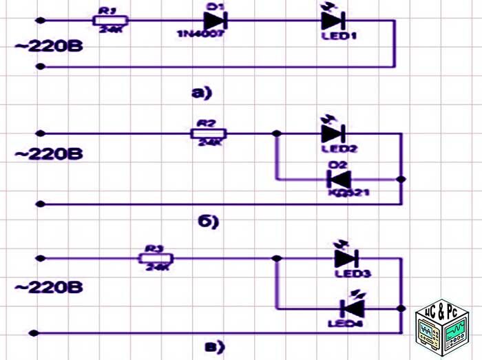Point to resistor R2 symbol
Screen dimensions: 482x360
(x=208, y=133)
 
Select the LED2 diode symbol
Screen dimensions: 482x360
(x=334, y=133)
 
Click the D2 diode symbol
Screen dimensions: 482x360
(x=339, y=180)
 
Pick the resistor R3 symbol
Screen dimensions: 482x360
(x=156, y=257)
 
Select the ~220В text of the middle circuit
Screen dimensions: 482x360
(x=49, y=153)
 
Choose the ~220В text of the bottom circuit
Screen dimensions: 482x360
(x=49, y=285)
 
